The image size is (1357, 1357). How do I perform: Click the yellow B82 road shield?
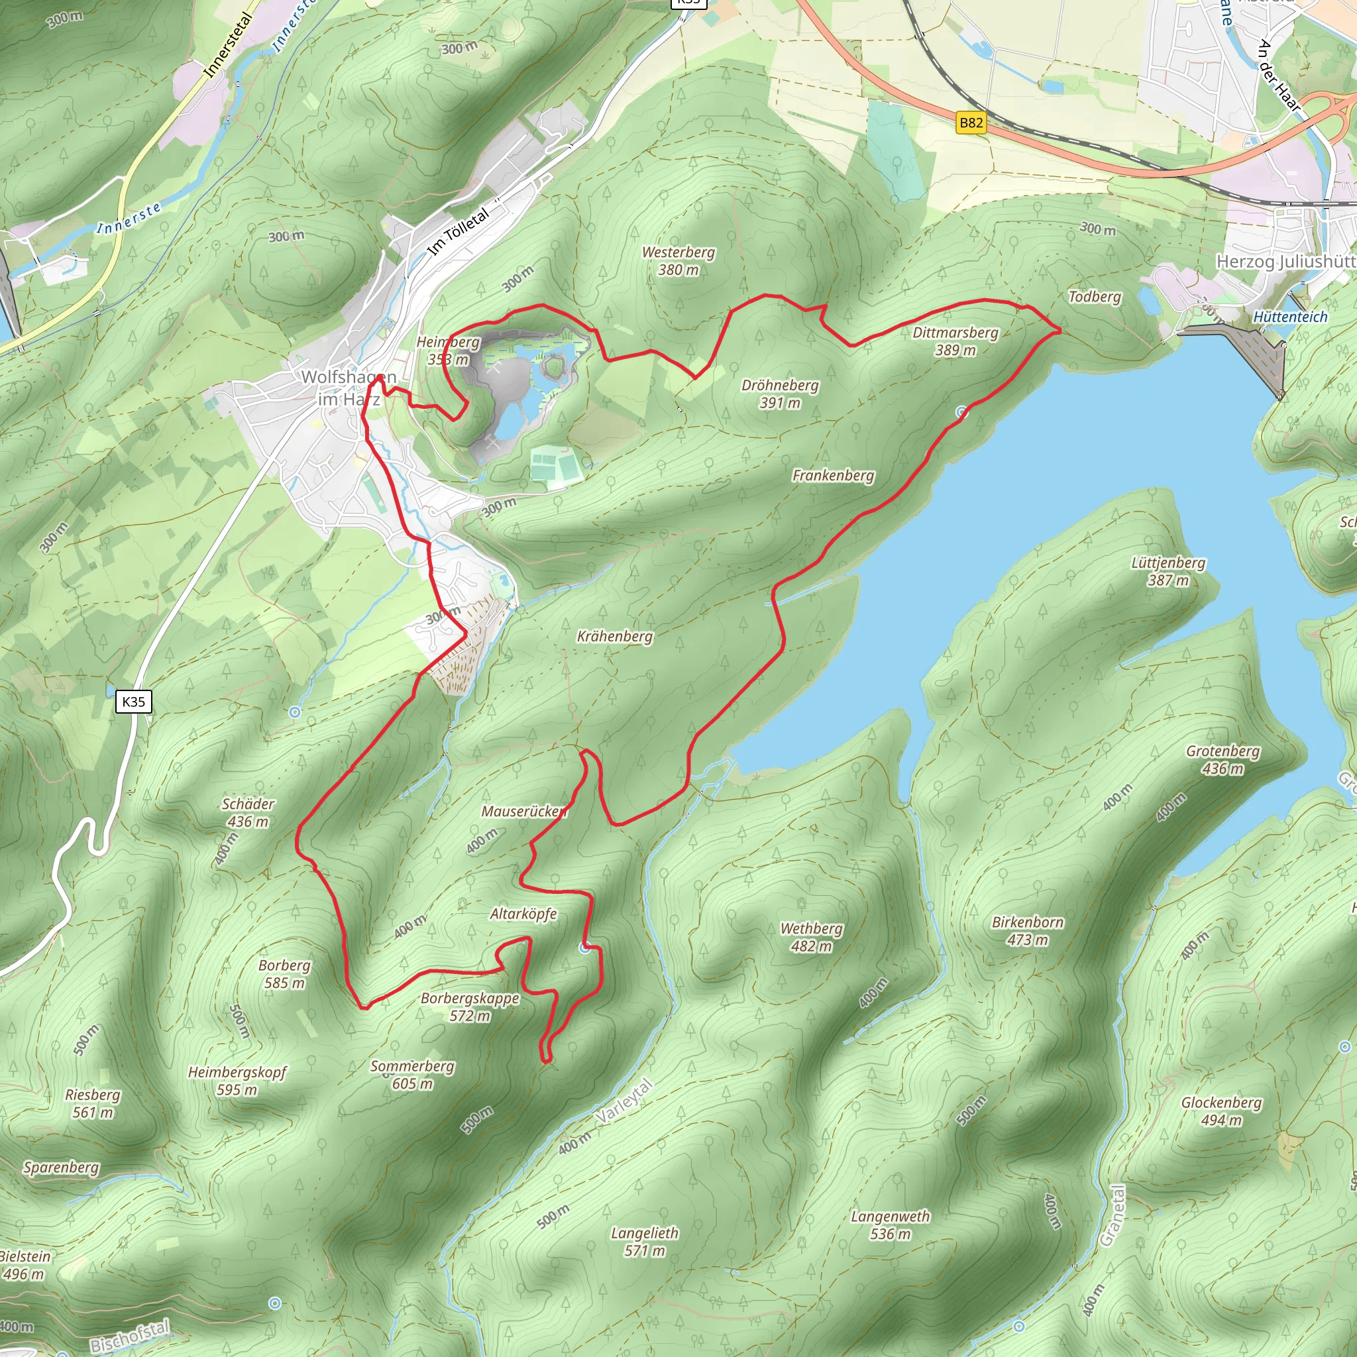[x=971, y=123]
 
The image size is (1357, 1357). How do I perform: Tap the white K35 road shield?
[x=133, y=701]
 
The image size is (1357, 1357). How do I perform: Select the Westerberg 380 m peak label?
[x=678, y=260]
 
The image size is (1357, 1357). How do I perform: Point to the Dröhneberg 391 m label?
[x=780, y=394]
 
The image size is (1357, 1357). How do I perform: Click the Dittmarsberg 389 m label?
[x=955, y=341]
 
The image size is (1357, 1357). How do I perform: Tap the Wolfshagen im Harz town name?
[x=349, y=388]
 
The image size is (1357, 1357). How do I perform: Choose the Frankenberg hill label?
[x=833, y=476]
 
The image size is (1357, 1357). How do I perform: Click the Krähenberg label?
[x=615, y=636]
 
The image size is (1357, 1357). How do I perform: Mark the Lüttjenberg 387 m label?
[x=1168, y=571]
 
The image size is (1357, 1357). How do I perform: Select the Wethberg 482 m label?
[x=811, y=937]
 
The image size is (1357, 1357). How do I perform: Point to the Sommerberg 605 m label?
[x=412, y=1075]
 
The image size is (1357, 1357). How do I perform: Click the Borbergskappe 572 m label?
[x=470, y=1006]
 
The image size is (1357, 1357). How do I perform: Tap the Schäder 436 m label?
[x=248, y=812]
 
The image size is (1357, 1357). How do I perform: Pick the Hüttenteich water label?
[x=1290, y=317]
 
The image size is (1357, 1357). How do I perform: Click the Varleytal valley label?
[x=624, y=1101]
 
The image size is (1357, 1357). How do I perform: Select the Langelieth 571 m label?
[x=644, y=1241]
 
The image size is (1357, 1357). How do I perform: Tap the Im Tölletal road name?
[x=458, y=232]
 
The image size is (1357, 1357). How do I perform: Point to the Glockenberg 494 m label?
[x=1221, y=1111]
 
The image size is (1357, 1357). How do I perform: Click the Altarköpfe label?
[x=523, y=914]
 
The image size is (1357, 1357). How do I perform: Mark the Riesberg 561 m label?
[x=93, y=1103]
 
